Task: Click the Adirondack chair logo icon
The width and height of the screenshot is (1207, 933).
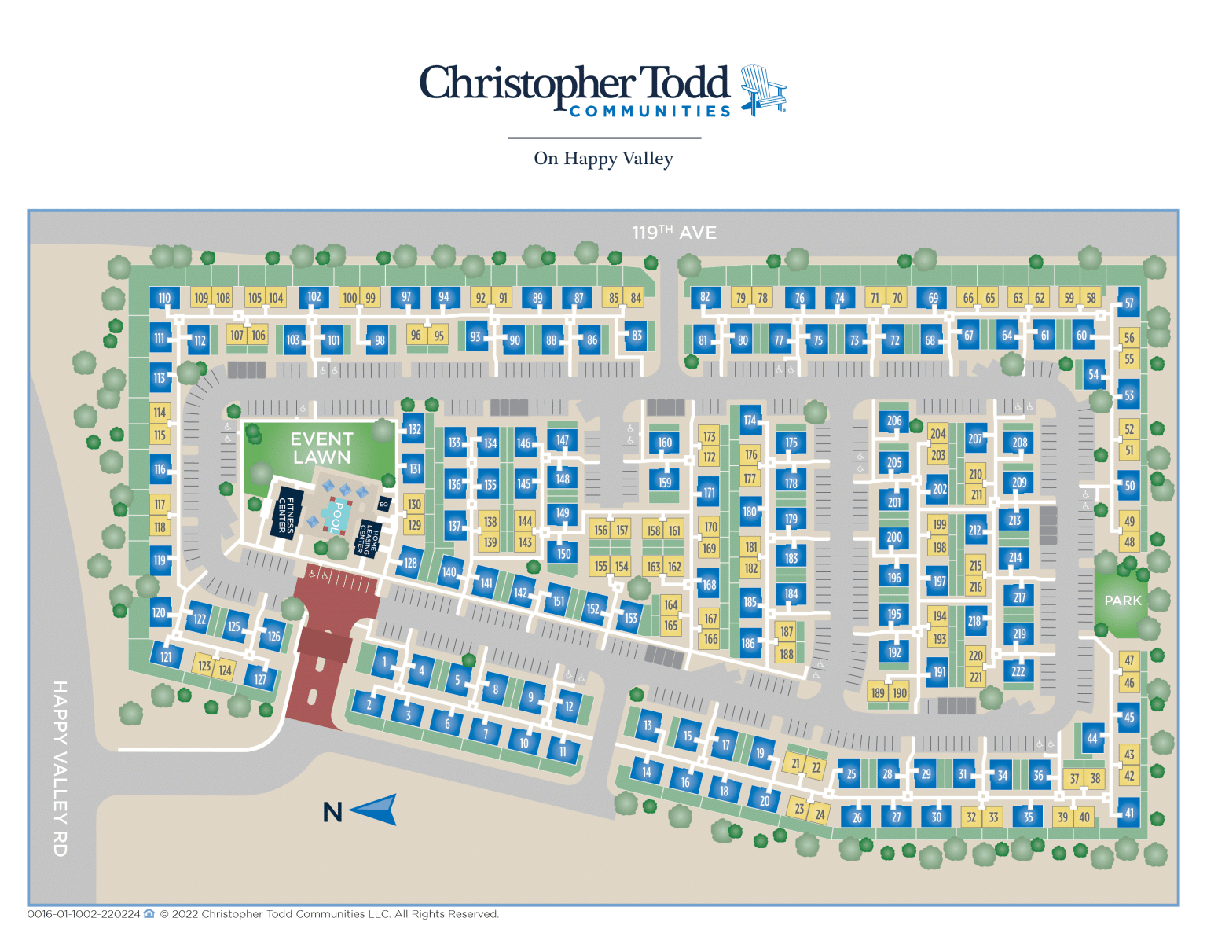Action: click(x=761, y=90)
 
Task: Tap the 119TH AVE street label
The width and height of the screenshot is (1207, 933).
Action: click(x=674, y=233)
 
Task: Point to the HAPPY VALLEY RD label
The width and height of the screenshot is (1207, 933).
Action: click(x=61, y=768)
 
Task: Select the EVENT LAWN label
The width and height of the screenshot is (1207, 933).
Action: click(x=321, y=448)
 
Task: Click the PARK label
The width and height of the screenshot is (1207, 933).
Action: click(x=1123, y=601)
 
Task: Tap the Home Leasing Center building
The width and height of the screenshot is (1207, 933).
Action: click(x=369, y=537)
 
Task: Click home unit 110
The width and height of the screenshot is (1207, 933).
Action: click(x=164, y=298)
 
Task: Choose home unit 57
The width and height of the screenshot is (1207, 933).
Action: click(x=1129, y=303)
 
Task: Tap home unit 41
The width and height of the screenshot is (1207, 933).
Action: click(x=1129, y=814)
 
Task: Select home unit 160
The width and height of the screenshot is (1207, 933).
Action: click(x=665, y=443)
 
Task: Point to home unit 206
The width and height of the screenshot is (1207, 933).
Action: click(x=894, y=421)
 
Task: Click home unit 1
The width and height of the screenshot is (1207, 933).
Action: click(x=385, y=662)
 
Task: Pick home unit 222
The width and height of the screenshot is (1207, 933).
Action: click(x=1018, y=671)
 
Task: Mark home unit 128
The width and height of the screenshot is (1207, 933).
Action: click(x=410, y=563)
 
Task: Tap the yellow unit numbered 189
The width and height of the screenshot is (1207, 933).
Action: click(x=878, y=692)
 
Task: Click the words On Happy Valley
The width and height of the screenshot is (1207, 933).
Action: click(x=603, y=159)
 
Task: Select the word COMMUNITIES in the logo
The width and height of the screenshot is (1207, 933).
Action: click(x=650, y=112)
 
